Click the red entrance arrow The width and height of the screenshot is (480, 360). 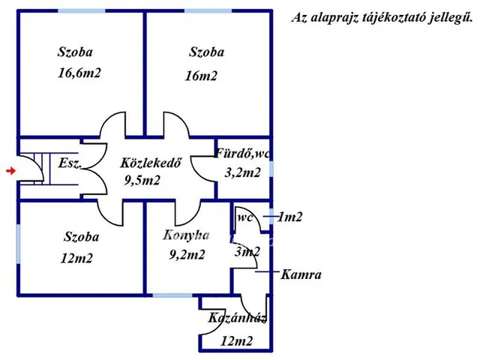pyautogui.click(x=10, y=170)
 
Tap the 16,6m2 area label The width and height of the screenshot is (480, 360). pyautogui.click(x=79, y=73)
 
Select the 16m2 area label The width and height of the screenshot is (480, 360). pyautogui.click(x=201, y=76)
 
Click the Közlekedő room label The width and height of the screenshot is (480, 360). pyautogui.click(x=150, y=163)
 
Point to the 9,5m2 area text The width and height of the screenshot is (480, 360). pyautogui.click(x=142, y=180)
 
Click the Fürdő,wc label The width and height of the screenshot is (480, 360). pyautogui.click(x=242, y=153)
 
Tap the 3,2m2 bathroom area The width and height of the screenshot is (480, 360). pyautogui.click(x=242, y=172)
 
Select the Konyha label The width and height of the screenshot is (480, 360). pyautogui.click(x=186, y=235)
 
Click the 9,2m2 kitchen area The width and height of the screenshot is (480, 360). pyautogui.click(x=187, y=254)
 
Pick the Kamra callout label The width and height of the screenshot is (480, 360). pyautogui.click(x=301, y=274)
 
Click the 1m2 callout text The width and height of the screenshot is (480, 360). pyautogui.click(x=290, y=217)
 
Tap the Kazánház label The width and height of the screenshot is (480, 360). pyautogui.click(x=237, y=318)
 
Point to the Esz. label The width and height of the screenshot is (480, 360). pyautogui.click(x=70, y=163)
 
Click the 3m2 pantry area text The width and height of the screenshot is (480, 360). pyautogui.click(x=247, y=252)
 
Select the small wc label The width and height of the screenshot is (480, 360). pyautogui.click(x=245, y=217)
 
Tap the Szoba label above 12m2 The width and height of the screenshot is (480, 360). pyautogui.click(x=82, y=237)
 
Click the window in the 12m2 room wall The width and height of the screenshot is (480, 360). pyautogui.click(x=18, y=244)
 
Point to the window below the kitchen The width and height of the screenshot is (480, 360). pyautogui.click(x=172, y=295)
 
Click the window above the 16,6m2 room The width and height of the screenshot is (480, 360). pyautogui.click(x=82, y=11)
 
